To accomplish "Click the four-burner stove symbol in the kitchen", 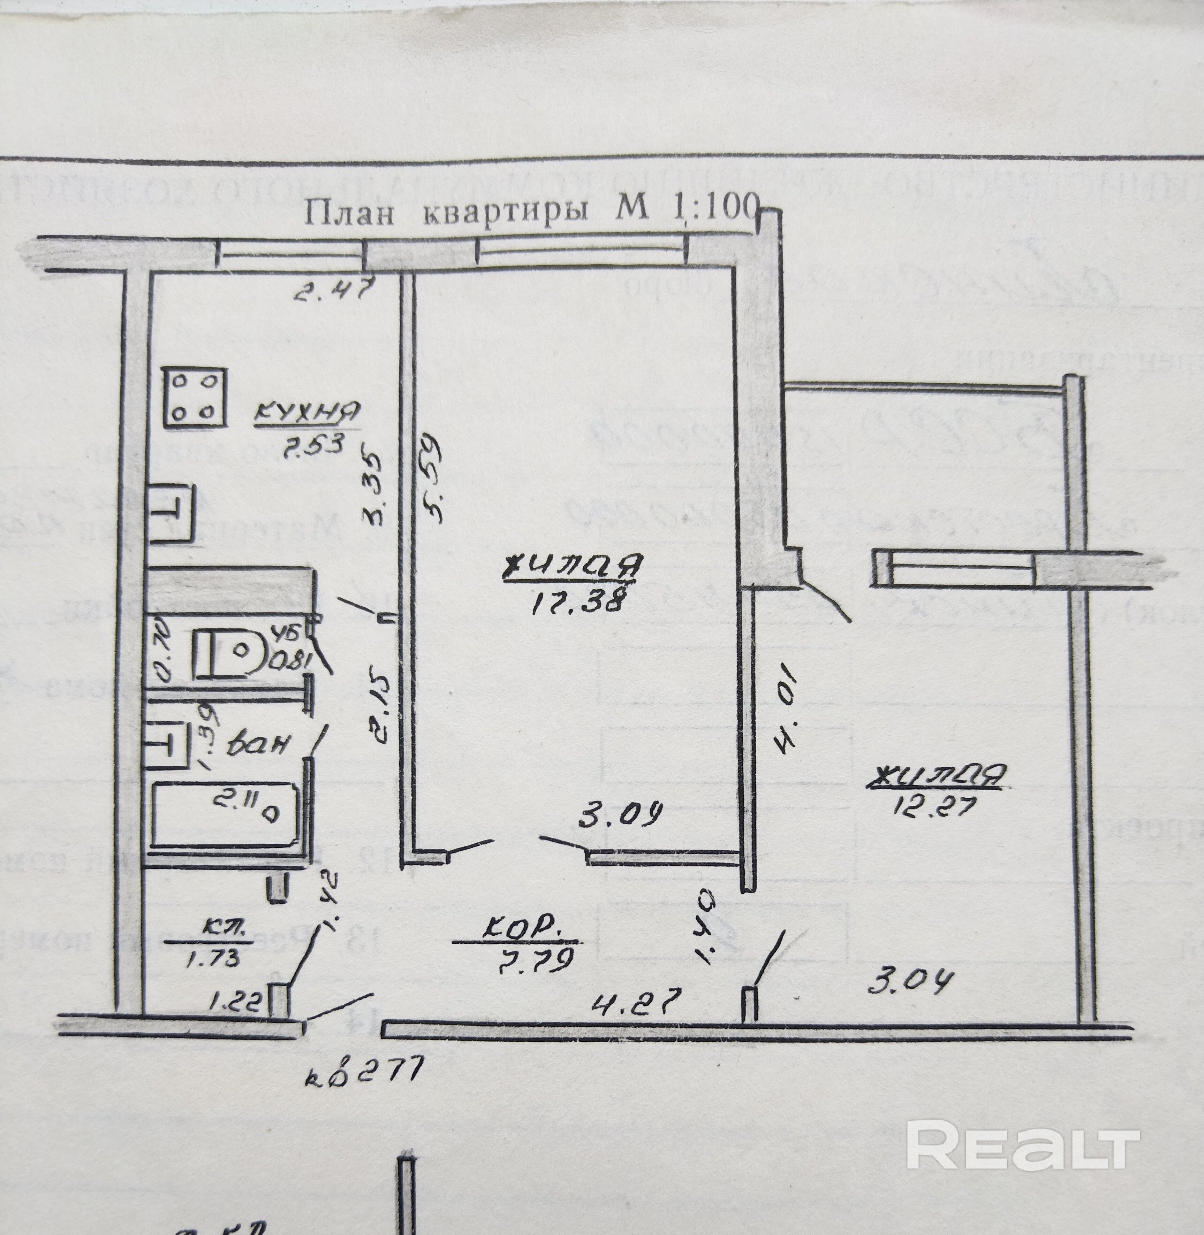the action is coord(195,398).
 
